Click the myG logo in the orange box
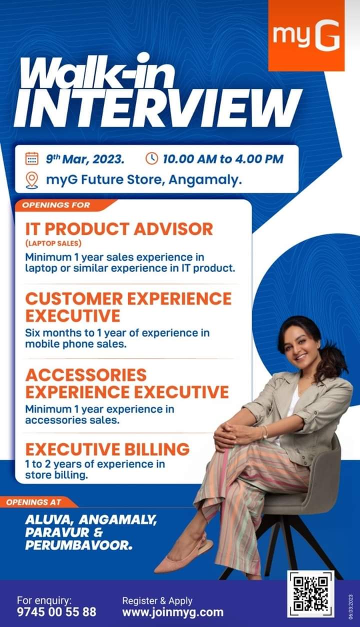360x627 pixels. [x=306, y=35]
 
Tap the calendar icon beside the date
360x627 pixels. [x=32, y=158]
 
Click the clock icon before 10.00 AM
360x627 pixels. [x=151, y=158]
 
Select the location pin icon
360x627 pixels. [x=32, y=180]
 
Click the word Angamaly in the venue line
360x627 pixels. [x=205, y=179]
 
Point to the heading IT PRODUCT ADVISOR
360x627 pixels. [x=119, y=229]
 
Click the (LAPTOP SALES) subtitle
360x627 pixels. [x=53, y=243]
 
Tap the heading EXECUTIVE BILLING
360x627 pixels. [x=107, y=449]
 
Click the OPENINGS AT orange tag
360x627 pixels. [x=36, y=502]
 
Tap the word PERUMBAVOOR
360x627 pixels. [x=78, y=545]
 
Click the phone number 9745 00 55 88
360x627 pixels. [x=56, y=612]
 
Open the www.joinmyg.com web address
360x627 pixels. [x=173, y=612]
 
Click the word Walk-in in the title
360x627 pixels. [x=96, y=72]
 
